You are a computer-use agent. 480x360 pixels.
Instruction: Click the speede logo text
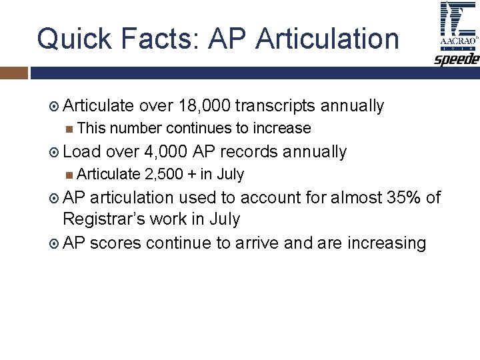coord(457,60)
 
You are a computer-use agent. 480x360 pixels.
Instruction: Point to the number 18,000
coord(203,106)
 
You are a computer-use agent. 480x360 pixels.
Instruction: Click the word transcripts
coord(275,106)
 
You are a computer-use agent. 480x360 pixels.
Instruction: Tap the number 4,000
coord(165,152)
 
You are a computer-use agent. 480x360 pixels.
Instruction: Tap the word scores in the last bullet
coord(115,243)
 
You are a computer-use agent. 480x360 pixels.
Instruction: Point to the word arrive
coord(257,243)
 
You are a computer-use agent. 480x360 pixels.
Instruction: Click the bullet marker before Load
coord(55,153)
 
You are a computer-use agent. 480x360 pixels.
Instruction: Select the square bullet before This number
coord(70,129)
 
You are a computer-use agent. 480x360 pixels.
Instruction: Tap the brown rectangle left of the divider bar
coord(13,72)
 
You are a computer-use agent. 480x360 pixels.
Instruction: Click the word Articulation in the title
coord(327,39)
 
